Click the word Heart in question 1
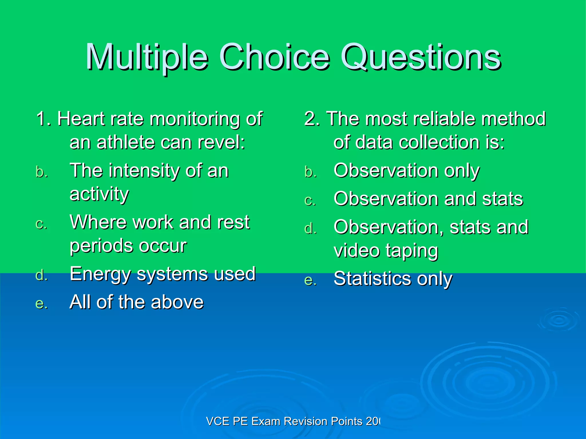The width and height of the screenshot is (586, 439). click(x=81, y=119)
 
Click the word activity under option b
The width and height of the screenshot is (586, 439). click(x=99, y=194)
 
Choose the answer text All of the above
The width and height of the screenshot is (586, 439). click(x=136, y=302)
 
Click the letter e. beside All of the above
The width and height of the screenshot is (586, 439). click(x=41, y=304)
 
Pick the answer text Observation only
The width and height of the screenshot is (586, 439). click(x=406, y=171)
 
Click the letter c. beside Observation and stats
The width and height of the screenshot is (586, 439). click(x=310, y=200)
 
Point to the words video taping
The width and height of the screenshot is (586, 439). click(x=386, y=251)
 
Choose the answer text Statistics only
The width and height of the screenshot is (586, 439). click(x=393, y=279)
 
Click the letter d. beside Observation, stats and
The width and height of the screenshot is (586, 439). click(x=311, y=229)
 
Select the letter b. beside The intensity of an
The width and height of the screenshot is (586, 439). click(x=42, y=172)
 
